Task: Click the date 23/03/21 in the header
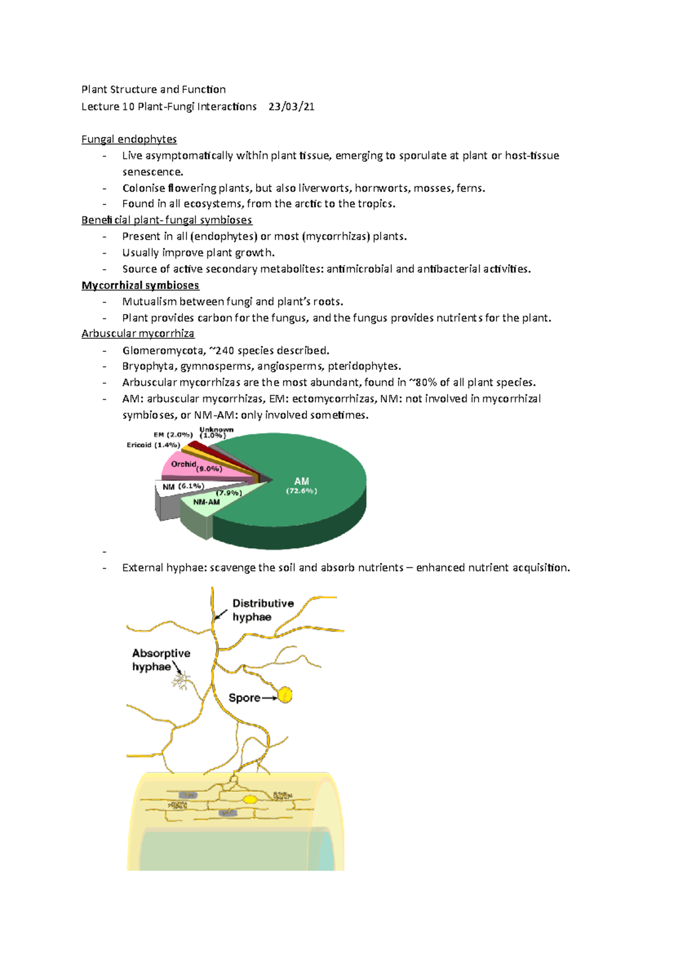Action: (x=291, y=107)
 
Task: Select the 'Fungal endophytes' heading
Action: (x=129, y=139)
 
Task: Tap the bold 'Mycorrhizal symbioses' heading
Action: (x=140, y=285)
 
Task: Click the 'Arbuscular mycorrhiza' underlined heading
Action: (x=138, y=334)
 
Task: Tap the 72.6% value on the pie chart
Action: (x=302, y=491)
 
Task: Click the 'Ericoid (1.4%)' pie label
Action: (x=153, y=445)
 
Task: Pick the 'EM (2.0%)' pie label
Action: (x=173, y=435)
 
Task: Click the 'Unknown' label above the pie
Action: (x=216, y=430)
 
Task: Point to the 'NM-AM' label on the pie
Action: (x=206, y=502)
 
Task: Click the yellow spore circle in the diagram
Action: (x=285, y=695)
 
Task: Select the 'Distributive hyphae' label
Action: (x=263, y=610)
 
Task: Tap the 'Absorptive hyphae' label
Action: (x=161, y=660)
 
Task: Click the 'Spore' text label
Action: (x=244, y=698)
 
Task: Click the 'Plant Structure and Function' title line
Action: (x=153, y=89)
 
